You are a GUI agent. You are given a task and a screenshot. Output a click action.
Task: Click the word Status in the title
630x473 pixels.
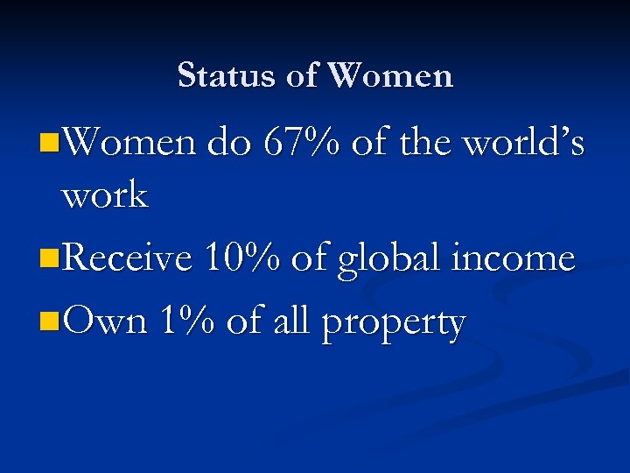[x=227, y=75]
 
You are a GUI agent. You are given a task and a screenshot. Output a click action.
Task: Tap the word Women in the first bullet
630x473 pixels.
[x=129, y=143]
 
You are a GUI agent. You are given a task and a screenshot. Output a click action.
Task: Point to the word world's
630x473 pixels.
[x=523, y=143]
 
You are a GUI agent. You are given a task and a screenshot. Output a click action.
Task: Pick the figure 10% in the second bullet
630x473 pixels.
[x=241, y=258]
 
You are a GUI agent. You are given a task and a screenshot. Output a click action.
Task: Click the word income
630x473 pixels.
[x=519, y=258]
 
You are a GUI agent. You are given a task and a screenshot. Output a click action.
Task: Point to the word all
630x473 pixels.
[x=290, y=321]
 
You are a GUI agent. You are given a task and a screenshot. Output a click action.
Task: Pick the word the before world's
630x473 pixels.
[x=428, y=143]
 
